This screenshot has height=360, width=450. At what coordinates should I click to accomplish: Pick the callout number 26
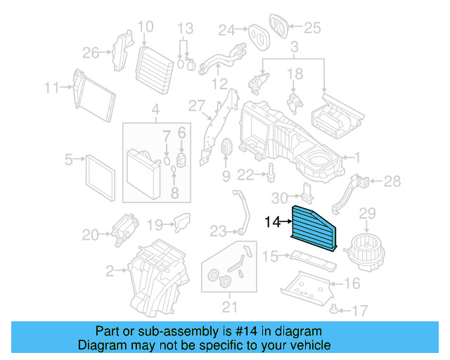pyautogui.click(x=91, y=53)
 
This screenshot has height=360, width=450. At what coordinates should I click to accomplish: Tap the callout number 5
pyautogui.click(x=69, y=160)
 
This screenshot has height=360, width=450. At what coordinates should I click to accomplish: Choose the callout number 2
pyautogui.click(x=110, y=270)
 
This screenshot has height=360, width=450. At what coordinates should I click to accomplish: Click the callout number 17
pyautogui.click(x=360, y=309)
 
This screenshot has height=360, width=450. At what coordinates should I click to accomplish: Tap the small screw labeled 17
pyautogui.click(x=335, y=308)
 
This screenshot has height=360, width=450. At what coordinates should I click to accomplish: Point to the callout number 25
pyautogui.click(x=311, y=28)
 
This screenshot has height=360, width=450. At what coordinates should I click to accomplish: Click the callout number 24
pyautogui.click(x=226, y=30)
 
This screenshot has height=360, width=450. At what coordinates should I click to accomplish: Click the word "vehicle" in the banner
pyautogui.click(x=305, y=345)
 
